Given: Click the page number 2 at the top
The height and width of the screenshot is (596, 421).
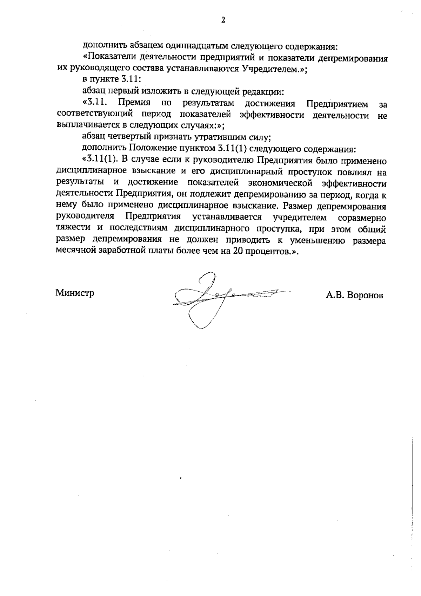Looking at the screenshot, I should pos(223,20).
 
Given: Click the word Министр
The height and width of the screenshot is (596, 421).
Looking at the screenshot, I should pos(75,293).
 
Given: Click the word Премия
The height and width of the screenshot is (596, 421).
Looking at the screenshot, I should pos(134,104).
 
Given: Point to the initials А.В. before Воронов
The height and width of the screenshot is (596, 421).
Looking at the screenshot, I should pos(335,295).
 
